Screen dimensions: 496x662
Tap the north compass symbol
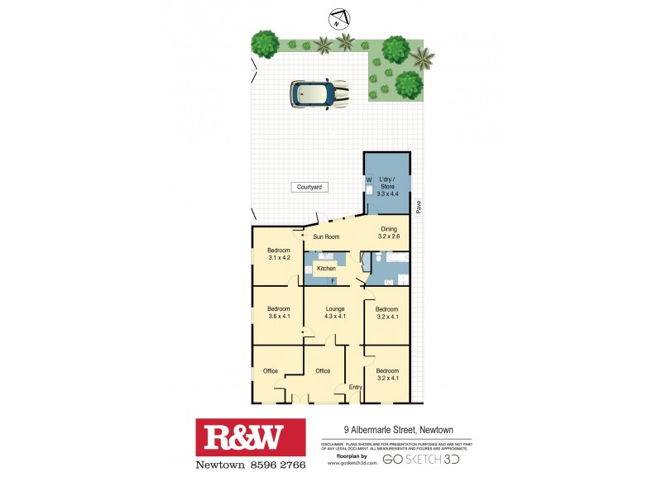[338, 17]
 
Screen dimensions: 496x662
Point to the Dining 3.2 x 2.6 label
[389, 233]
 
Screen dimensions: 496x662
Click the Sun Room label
[326, 237]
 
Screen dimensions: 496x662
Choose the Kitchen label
[325, 269]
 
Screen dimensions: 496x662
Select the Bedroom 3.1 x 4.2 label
[279, 254]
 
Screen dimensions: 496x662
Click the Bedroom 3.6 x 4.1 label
[278, 312]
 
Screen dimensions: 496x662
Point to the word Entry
[356, 387]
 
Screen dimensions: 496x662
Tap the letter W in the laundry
[369, 179]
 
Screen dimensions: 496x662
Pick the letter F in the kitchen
[333, 282]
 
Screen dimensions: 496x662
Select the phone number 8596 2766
[273, 465]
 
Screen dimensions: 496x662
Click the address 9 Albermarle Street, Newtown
[407, 430]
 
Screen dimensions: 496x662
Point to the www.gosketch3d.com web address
[353, 463]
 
